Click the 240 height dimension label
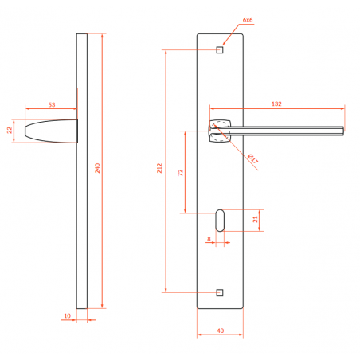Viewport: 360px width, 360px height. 97,168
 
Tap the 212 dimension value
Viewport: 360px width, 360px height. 159,168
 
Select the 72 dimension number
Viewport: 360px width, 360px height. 181,173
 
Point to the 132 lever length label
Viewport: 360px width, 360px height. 276,104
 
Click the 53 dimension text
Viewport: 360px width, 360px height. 52,104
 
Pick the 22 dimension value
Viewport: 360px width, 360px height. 10,130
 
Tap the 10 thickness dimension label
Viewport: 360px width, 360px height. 67,315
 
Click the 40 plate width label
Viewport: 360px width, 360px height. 221,331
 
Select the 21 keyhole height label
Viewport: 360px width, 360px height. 255,219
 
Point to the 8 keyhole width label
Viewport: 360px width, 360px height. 209,239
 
